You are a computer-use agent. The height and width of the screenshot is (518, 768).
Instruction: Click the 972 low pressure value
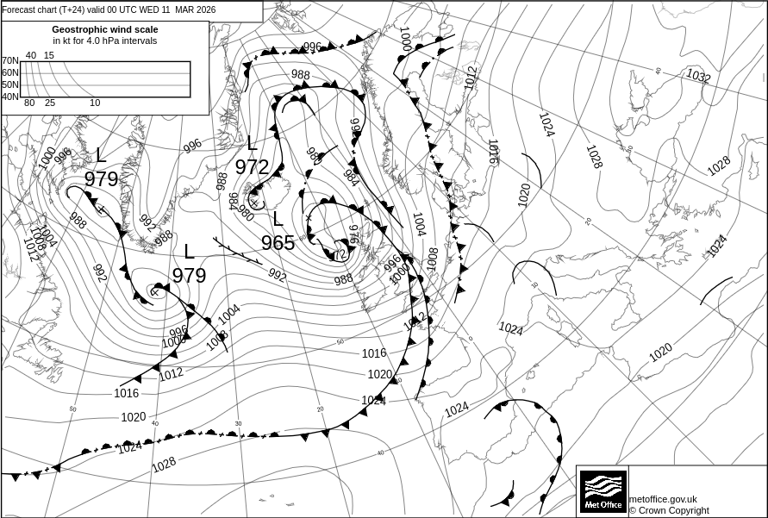(252, 167)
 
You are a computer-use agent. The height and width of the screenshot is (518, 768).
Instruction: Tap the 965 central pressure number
(278, 243)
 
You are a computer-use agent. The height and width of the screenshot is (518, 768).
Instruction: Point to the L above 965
(278, 219)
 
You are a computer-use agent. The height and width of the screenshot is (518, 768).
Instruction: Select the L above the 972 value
(252, 143)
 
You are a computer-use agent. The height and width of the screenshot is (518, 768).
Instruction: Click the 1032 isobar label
(698, 77)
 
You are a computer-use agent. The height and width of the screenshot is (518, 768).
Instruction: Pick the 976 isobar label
(353, 234)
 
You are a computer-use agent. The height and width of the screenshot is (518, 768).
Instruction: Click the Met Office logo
(603, 491)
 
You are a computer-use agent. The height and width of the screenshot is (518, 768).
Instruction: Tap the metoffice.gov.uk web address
(663, 499)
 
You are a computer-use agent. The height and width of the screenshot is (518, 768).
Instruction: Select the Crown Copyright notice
(669, 510)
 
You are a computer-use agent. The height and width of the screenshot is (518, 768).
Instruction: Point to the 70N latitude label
(9, 61)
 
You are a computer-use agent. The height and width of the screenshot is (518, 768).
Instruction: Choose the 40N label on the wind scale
(9, 97)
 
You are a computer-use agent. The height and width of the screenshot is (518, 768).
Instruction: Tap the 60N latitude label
(9, 73)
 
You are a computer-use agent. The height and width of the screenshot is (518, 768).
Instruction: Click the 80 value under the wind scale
(29, 103)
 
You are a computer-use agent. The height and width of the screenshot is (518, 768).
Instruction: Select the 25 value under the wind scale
(50, 103)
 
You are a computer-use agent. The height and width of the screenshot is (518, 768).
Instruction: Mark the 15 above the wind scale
(49, 55)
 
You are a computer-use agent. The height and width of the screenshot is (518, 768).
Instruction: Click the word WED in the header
(149, 9)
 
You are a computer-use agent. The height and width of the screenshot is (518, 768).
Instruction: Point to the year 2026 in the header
(204, 9)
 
